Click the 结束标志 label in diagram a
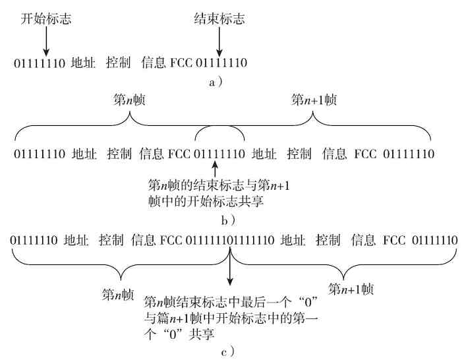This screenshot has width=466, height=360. click(x=219, y=19)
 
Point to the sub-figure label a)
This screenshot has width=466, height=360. click(x=216, y=82)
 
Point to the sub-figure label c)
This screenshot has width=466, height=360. click(x=227, y=351)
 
